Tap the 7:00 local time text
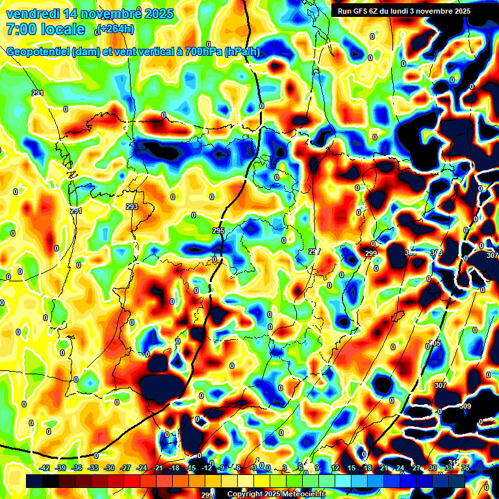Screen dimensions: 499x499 [45, 30]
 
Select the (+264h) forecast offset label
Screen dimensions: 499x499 [115, 29]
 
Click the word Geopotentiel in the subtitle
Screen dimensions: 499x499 [38, 52]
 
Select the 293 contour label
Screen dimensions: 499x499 [132, 207]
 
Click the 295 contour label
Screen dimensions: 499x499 [218, 231]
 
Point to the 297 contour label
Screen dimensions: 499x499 [314, 251]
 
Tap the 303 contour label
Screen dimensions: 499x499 [436, 253]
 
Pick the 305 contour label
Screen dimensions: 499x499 [435, 343]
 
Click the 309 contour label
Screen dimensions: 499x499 [465, 407]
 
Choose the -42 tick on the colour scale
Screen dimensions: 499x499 [45, 468]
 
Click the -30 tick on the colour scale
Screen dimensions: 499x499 [109, 468]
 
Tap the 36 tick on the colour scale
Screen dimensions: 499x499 [465, 468]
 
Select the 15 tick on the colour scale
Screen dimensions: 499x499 [351, 468]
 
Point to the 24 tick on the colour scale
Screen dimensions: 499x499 [400, 468]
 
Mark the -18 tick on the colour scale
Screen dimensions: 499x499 [174, 468]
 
